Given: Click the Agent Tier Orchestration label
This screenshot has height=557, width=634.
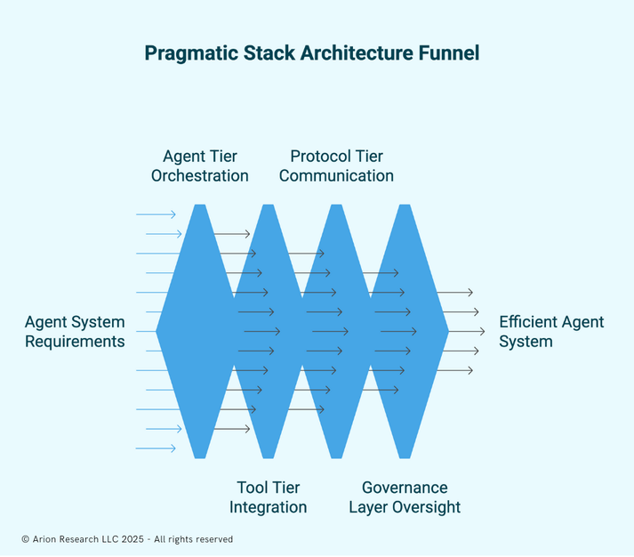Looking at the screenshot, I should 200,166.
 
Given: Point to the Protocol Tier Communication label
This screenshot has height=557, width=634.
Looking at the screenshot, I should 336,166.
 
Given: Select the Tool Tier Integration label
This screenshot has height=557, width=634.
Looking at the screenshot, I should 269,497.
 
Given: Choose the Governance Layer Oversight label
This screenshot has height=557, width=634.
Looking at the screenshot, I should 405,497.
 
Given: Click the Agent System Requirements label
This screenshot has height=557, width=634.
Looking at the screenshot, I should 75,332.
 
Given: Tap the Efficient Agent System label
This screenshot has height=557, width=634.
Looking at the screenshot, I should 551,332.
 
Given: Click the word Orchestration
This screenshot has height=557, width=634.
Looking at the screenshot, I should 200,176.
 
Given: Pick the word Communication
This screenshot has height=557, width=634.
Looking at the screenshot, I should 336,176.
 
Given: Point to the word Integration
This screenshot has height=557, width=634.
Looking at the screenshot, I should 269,508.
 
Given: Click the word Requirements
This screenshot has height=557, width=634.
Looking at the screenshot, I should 75,342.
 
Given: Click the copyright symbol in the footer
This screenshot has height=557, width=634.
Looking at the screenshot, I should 25,539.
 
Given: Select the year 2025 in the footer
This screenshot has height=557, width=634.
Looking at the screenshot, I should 132,539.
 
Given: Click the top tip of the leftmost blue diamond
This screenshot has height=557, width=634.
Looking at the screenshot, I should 200,206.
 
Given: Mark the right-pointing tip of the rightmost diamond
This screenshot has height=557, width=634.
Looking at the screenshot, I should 448,331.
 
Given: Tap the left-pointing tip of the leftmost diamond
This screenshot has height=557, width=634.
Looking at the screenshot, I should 157,331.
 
